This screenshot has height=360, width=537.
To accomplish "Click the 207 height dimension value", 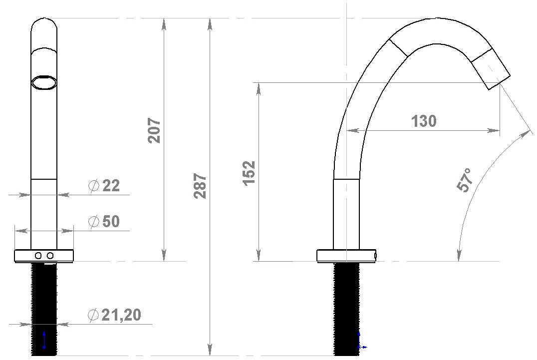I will [x=155, y=130].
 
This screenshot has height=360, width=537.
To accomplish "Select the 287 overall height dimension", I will [x=201, y=186].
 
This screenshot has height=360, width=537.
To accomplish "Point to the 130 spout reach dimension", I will [x=423, y=121].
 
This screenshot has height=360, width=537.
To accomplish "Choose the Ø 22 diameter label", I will [x=104, y=186].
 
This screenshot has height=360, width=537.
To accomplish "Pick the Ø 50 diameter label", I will [x=104, y=222].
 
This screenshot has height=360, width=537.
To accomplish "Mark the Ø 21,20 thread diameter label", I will [x=114, y=315].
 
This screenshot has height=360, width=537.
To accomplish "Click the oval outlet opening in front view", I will [x=43, y=82].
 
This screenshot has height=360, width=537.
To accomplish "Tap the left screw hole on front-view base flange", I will [x=38, y=256].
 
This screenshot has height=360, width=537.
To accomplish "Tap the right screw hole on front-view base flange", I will [x=50, y=256].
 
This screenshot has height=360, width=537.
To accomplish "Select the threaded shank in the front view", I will [x=44, y=300].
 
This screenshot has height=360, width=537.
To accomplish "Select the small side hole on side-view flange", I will [x=375, y=256].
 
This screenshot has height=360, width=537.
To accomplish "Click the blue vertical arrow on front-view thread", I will [x=44, y=340].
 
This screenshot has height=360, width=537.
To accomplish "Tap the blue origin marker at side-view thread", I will [x=360, y=345].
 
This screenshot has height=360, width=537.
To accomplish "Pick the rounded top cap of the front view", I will [x=44, y=25].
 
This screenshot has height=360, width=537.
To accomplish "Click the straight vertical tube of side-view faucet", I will [x=346, y=215].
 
